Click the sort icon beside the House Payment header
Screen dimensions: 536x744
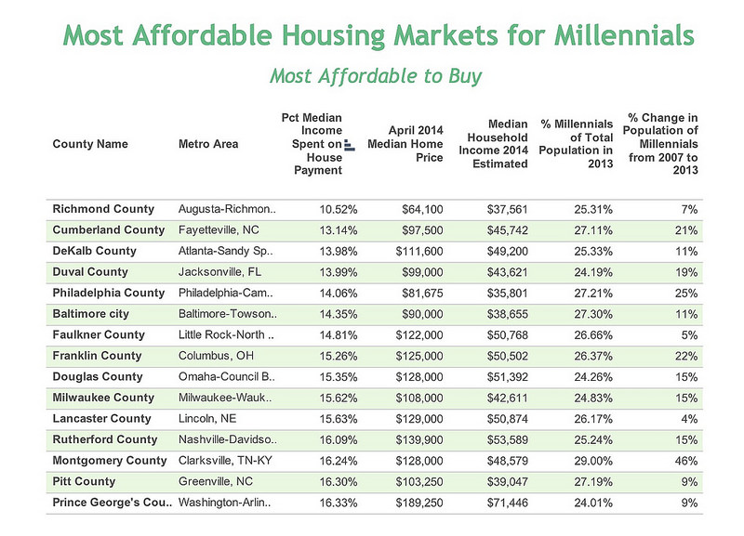pyautogui.click(x=349, y=145)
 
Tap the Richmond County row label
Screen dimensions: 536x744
pyautogui.click(x=103, y=209)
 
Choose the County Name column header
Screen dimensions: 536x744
pyautogui.click(x=90, y=144)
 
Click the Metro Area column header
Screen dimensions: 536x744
pyautogui.click(x=207, y=144)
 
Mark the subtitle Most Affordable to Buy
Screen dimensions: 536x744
pyautogui.click(x=376, y=75)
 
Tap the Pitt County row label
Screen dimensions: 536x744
pyautogui.click(x=85, y=481)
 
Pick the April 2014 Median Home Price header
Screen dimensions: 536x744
pyautogui.click(x=413, y=144)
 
